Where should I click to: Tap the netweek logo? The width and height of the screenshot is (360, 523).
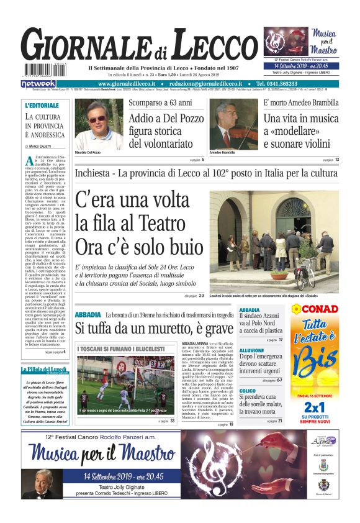(x=38, y=83)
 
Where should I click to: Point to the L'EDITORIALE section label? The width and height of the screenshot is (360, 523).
(x=42, y=106)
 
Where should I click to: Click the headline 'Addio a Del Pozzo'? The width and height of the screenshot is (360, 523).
(x=164, y=118)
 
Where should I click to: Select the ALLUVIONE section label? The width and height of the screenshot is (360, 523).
(x=252, y=350)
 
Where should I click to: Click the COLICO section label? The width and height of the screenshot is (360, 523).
(x=248, y=391)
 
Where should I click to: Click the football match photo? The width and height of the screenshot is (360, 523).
(x=126, y=379)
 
